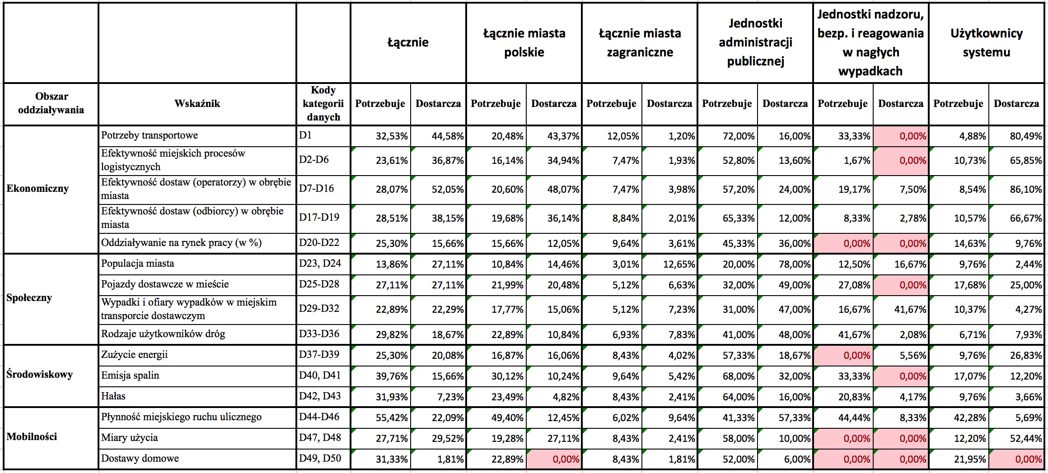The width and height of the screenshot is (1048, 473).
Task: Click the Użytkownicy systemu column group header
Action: (986, 42)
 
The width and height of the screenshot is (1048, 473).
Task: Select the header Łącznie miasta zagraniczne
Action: (640, 42)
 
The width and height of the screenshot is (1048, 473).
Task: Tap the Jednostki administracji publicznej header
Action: (755, 42)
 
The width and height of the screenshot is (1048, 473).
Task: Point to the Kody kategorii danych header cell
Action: (323, 104)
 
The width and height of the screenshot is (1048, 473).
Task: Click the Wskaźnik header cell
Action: (197, 104)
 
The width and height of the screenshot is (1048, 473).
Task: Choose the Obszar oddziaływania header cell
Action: (51, 103)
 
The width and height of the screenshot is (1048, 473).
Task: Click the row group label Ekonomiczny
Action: (37, 189)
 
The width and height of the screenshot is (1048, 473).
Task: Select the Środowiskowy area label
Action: (39, 375)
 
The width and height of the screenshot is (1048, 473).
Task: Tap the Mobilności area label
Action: (32, 437)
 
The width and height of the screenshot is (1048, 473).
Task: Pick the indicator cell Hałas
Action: (113, 396)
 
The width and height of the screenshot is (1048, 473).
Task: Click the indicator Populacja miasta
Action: (137, 264)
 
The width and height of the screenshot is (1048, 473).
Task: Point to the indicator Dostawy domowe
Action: (140, 459)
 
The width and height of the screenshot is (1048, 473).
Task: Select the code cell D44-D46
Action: (319, 417)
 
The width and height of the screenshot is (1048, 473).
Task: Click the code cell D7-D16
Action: (316, 189)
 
